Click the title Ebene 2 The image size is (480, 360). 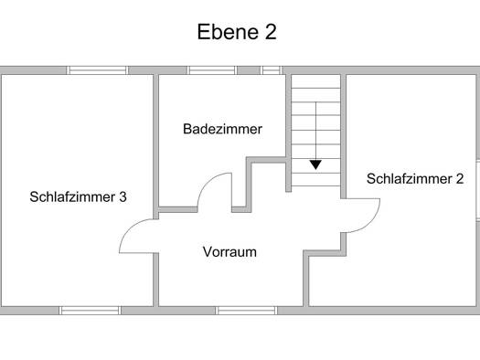click(237, 32)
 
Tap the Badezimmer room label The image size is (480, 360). click(222, 129)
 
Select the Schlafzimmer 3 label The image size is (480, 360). click(78, 197)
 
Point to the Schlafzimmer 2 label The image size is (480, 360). click(415, 179)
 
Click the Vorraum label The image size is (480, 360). click(229, 252)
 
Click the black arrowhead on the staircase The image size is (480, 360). click(315, 164)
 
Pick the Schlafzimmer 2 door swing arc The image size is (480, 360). click(371, 222)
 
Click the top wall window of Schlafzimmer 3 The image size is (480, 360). click(97, 70)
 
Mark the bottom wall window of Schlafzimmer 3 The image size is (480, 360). click(90, 311)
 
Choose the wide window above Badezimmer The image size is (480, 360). click(212, 70)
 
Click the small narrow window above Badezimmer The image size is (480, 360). click(272, 70)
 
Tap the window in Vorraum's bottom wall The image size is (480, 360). click(247, 311)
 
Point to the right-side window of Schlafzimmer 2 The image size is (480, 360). click(478, 190)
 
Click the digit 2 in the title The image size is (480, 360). click(271, 32)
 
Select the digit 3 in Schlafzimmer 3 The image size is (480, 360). click(123, 197)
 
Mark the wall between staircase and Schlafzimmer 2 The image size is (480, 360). click(343, 136)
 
